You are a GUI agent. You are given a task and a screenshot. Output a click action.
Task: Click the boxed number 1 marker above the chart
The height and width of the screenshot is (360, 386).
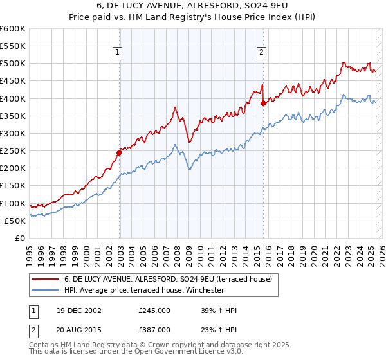120,54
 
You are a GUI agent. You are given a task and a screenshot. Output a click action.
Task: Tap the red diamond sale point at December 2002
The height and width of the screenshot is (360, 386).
120,152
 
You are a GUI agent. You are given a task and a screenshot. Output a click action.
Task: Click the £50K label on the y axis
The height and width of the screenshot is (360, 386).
15,221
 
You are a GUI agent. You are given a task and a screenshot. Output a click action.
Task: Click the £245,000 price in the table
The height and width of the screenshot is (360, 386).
154,310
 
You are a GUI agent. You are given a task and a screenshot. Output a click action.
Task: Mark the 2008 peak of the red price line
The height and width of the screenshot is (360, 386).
175,107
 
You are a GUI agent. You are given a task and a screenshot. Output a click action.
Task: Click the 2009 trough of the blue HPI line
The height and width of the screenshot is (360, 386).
188,169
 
